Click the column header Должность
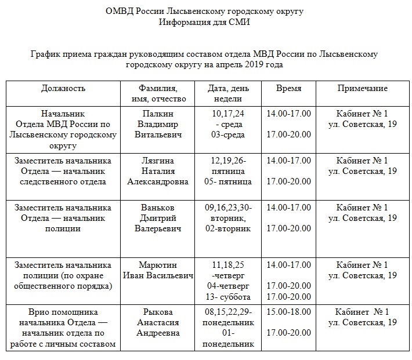[x=63, y=89]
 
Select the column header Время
[x=288, y=89]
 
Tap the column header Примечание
[x=363, y=89]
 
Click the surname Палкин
[x=158, y=113]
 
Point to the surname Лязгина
[x=158, y=161]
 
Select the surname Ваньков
[x=158, y=208]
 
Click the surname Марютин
[x=158, y=265]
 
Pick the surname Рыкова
[x=158, y=312]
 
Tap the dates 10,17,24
[x=229, y=113]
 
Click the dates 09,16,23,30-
[x=229, y=208]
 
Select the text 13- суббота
[x=229, y=297]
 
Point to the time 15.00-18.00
[x=288, y=312]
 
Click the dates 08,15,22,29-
[x=229, y=312]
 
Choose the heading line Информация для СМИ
[x=205, y=22]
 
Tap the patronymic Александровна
[x=158, y=181]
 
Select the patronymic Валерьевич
[x=158, y=228]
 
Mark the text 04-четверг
[x=229, y=286]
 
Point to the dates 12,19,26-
[x=229, y=161]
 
